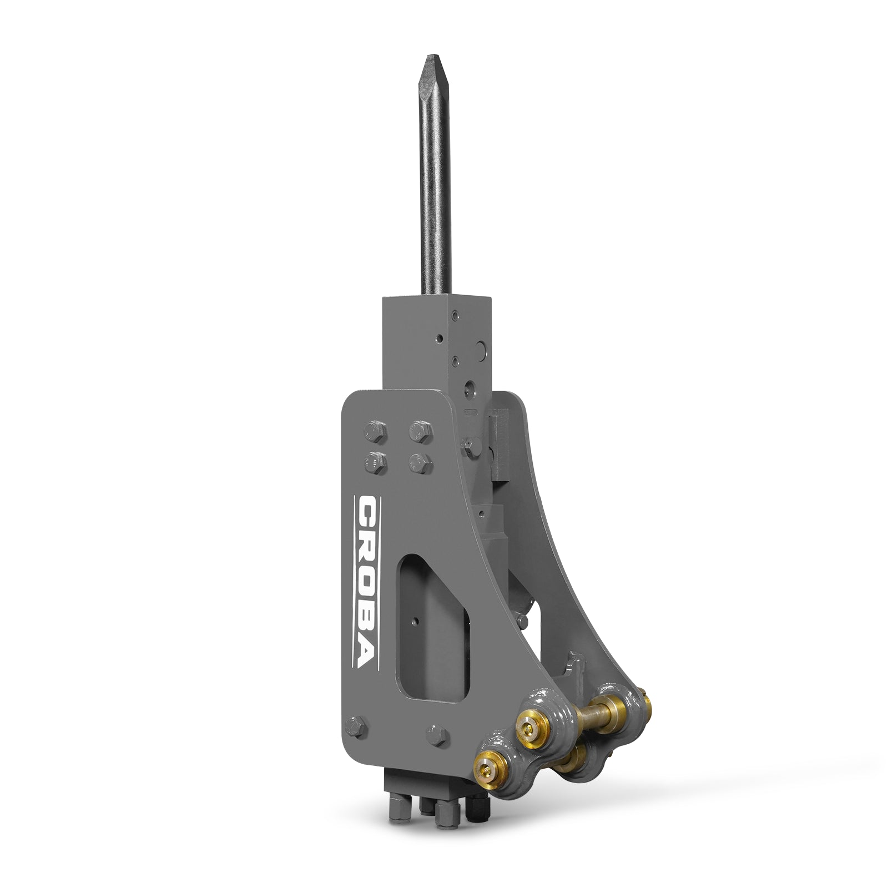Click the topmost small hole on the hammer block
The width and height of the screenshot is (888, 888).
pyautogui.click(x=455, y=315)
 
